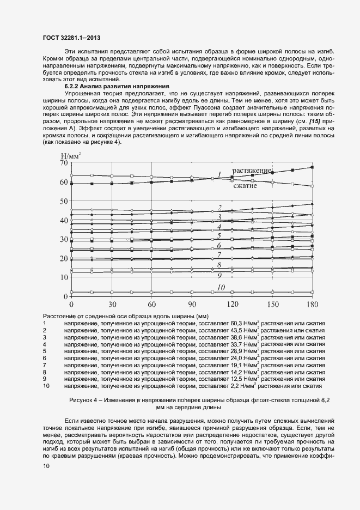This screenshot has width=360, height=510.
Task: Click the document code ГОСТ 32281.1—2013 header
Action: [x=71, y=38]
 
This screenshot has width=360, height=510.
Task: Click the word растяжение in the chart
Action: [x=252, y=171]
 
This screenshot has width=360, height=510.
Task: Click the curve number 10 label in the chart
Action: [x=221, y=287]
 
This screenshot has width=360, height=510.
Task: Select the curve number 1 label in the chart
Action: [x=219, y=175]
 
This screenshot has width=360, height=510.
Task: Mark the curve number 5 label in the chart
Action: [x=219, y=236]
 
